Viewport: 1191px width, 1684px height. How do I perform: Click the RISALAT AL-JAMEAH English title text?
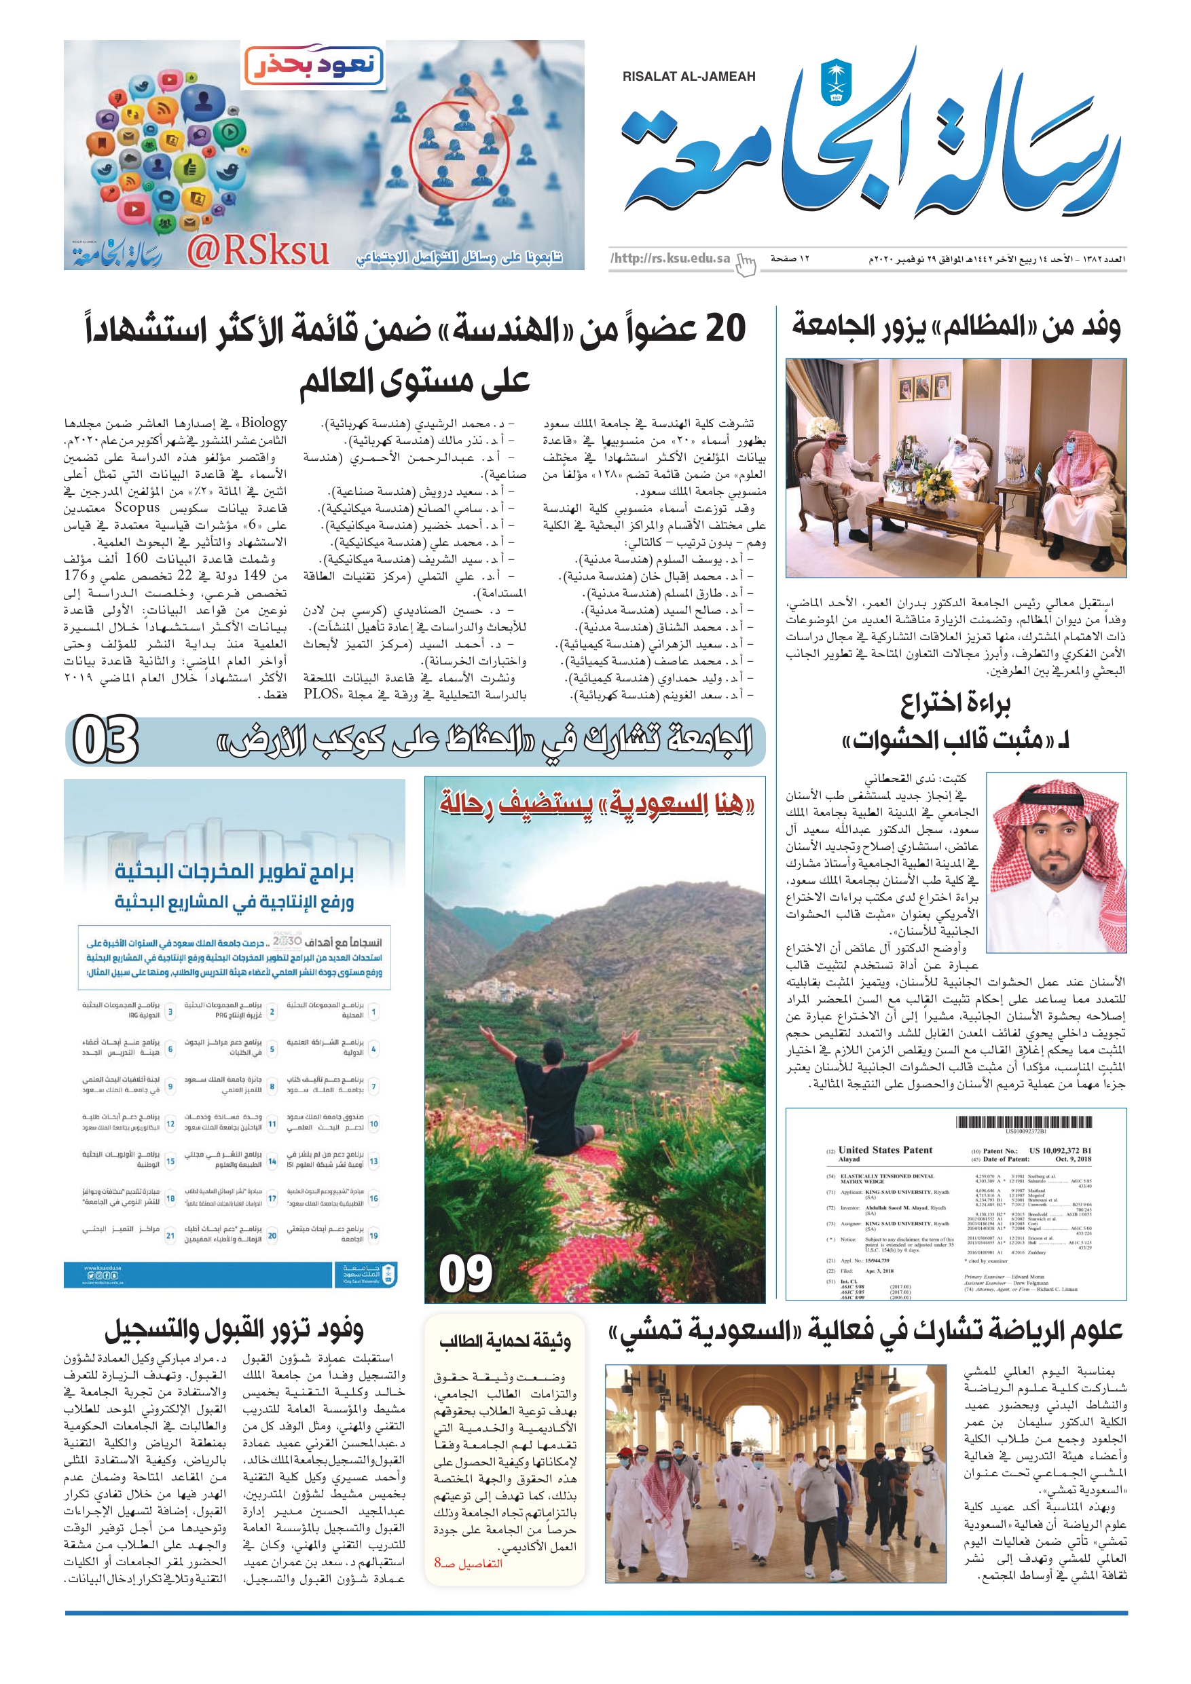689,76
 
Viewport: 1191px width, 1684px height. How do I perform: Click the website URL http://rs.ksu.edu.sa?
670,258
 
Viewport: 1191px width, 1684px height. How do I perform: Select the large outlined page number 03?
106,741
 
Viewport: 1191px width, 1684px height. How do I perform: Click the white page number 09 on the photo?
465,1274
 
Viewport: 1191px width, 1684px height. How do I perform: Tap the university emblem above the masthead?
836,81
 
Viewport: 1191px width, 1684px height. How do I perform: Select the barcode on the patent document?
1023,1122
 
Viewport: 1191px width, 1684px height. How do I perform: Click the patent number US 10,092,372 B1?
1060,1150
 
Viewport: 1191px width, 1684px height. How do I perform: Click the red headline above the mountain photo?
596,804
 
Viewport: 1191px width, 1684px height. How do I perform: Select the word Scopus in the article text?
136,508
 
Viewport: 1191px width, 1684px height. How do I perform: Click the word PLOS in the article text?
321,693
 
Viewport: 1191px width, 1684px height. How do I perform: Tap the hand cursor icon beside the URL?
746,264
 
